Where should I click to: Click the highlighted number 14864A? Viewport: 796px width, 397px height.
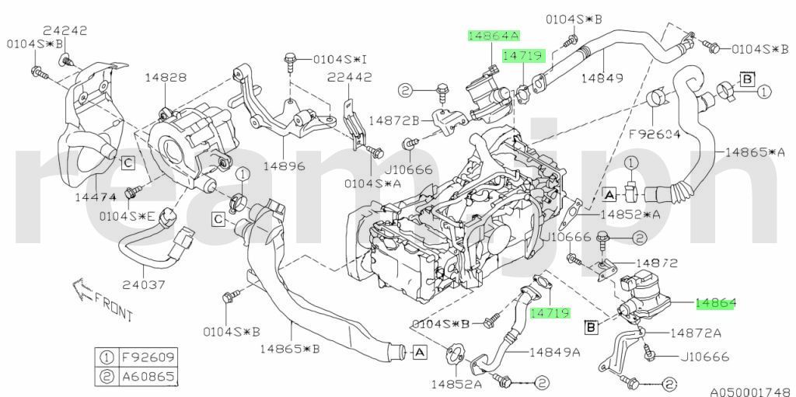tap(493, 36)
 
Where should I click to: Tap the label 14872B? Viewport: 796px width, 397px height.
tap(393, 120)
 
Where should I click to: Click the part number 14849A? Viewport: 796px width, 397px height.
tap(555, 352)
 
